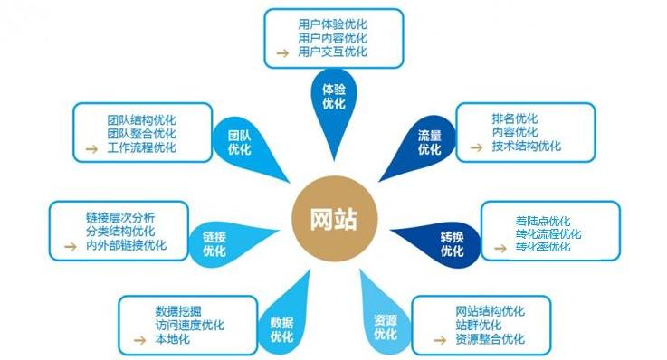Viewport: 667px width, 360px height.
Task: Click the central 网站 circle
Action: pyautogui.click(x=333, y=220)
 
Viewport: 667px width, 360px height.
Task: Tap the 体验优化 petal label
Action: pyautogui.click(x=333, y=97)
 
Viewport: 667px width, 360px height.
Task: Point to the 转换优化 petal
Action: pyautogui.click(x=452, y=244)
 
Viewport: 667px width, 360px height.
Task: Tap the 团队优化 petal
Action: pyautogui.click(x=240, y=143)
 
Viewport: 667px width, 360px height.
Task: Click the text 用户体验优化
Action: pyautogui.click(x=332, y=23)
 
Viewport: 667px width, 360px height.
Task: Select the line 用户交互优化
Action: pyautogui.click(x=332, y=52)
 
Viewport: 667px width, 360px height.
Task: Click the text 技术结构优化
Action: pyautogui.click(x=526, y=146)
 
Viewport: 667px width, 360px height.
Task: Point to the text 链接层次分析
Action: pyautogui.click(x=120, y=216)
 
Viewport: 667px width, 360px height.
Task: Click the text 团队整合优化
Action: pyautogui.click(x=141, y=133)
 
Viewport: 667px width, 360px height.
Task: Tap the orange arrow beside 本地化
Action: pyautogui.click(x=138, y=340)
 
